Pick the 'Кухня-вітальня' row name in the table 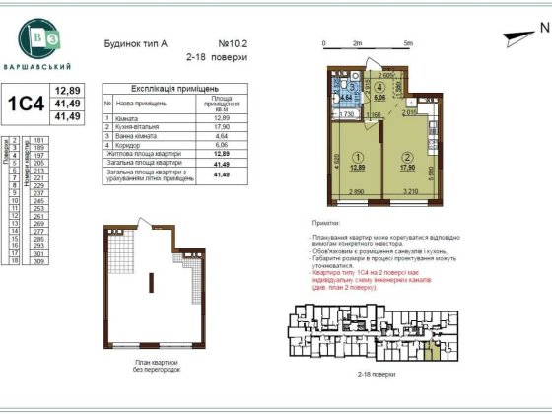tap(138, 126)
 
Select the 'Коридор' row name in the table tap(128, 144)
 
